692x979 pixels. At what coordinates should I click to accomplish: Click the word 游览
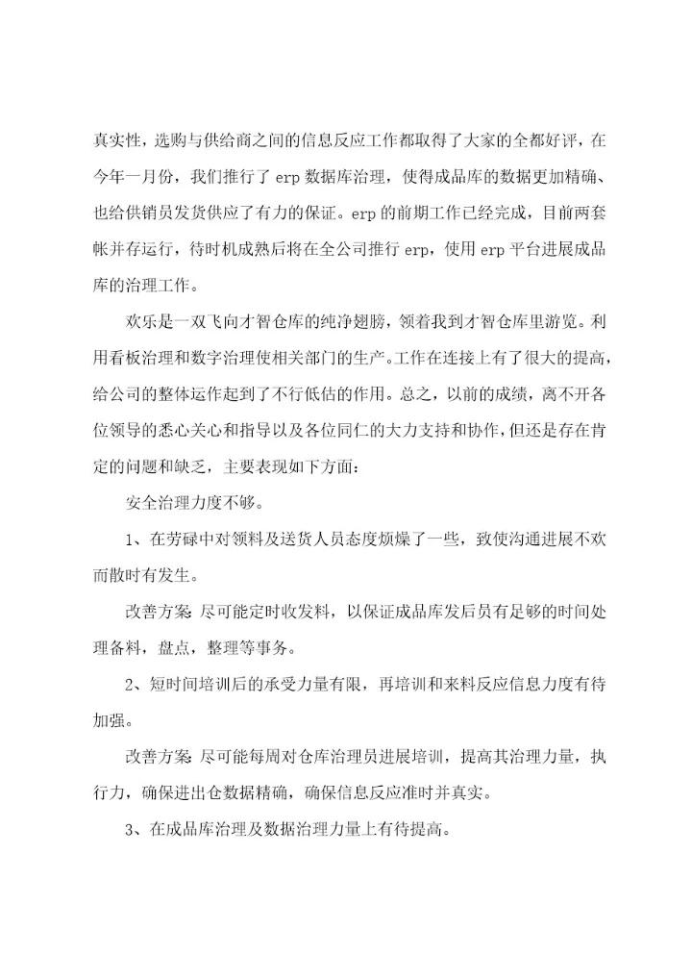point(564,319)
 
